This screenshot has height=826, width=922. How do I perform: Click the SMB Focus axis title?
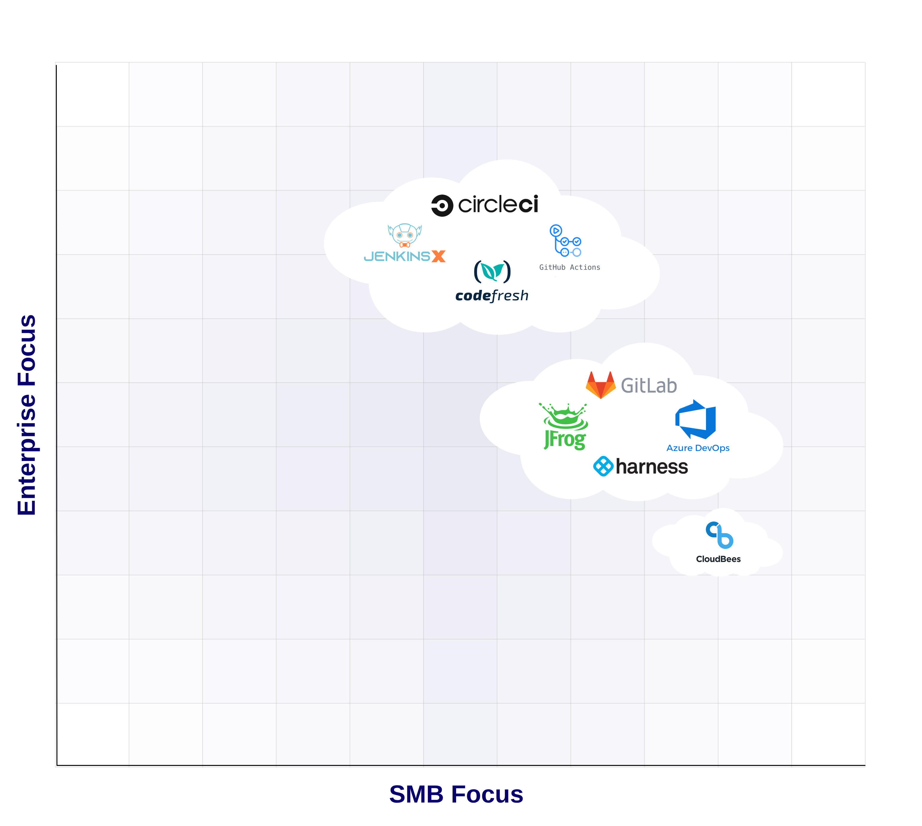pyautogui.click(x=456, y=794)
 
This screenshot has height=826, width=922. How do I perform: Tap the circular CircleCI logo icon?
pyautogui.click(x=442, y=206)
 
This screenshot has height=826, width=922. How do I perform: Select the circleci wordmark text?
pyautogui.click(x=498, y=205)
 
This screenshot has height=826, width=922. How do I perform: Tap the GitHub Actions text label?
pyautogui.click(x=569, y=267)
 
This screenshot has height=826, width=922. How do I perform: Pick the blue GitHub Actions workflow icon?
pyautogui.click(x=565, y=241)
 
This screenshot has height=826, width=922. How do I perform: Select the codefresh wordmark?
pyautogui.click(x=492, y=296)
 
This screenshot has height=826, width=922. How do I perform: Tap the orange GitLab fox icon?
pyautogui.click(x=600, y=385)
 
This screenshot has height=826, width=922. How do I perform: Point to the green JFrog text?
pyautogui.click(x=565, y=439)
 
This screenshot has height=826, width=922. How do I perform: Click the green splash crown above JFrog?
pyautogui.click(x=564, y=415)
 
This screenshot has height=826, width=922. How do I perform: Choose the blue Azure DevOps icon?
pyautogui.click(x=695, y=419)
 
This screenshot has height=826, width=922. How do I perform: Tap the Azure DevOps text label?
pyautogui.click(x=697, y=448)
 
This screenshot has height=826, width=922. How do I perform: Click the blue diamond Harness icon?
pyautogui.click(x=603, y=466)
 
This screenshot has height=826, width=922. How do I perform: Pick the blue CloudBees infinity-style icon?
pyautogui.click(x=719, y=535)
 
